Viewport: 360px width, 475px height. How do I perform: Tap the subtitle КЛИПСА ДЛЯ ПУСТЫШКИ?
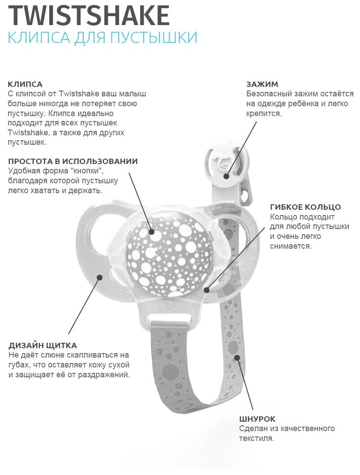point(103,37)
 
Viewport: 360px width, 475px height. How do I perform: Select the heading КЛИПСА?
point(25,84)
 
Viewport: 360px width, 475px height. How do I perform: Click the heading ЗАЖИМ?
point(262,84)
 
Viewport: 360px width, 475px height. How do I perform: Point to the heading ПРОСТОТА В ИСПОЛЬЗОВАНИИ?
point(73,161)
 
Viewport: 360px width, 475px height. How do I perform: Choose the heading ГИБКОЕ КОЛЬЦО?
point(305,207)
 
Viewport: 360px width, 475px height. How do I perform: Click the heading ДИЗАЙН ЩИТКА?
point(43,345)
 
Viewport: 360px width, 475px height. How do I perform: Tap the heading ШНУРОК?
point(257,419)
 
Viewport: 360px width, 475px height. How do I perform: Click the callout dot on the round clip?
point(227,176)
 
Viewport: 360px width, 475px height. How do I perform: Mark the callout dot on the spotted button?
point(152,232)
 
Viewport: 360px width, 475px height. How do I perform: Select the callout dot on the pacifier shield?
point(99,277)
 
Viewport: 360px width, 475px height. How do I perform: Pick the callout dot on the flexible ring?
point(206,290)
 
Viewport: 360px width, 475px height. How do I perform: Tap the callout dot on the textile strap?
point(237,358)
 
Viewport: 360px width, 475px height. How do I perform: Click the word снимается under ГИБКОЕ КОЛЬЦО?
point(291,246)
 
